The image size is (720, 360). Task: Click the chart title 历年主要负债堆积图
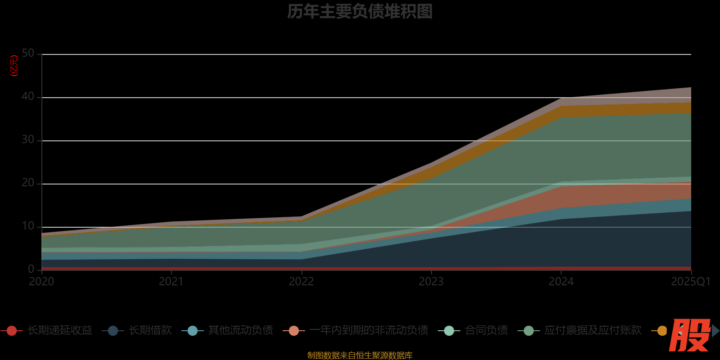pos(360,11)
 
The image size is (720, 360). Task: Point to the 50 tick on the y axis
pos(28,54)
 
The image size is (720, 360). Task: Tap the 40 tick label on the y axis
pos(28,97)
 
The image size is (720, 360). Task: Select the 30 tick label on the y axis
pos(28,140)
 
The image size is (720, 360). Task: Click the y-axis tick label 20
pos(28,183)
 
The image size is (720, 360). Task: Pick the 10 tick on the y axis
pos(28,226)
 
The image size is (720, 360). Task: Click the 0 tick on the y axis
pos(31,269)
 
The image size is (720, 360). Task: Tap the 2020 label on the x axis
pos(41,282)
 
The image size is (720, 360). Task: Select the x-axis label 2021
pos(171,282)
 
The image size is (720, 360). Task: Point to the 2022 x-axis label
pos(301,282)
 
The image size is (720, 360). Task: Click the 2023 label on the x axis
pos(431,282)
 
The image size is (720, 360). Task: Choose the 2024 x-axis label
pos(561,282)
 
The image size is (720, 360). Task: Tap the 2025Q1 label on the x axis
pos(691,282)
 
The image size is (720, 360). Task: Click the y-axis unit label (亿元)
pos(14,66)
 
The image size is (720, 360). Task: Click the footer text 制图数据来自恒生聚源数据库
pos(360,355)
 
